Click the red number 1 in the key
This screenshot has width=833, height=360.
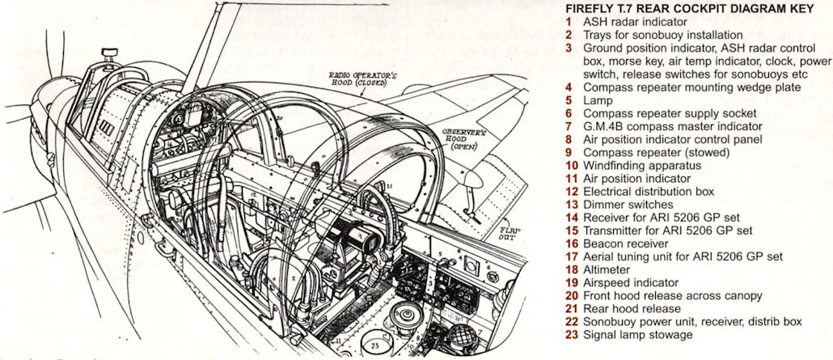coord(569,23)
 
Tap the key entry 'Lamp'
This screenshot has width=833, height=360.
coord(598,100)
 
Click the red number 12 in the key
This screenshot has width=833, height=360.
coord(572,192)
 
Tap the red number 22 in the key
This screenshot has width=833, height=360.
coord(572,321)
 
